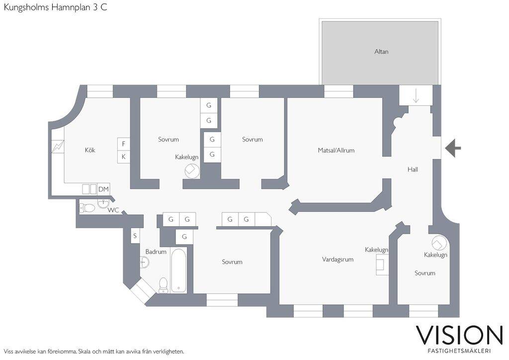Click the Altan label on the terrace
381,52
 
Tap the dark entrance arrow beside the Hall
453,148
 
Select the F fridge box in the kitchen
123,144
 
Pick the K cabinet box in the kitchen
123,157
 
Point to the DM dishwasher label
103,189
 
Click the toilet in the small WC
86,208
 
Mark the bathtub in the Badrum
178,270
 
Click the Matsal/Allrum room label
336,150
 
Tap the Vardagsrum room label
338,259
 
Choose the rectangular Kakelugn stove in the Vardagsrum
382,264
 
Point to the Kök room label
90,150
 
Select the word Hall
413,170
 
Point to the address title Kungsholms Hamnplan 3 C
55,7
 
